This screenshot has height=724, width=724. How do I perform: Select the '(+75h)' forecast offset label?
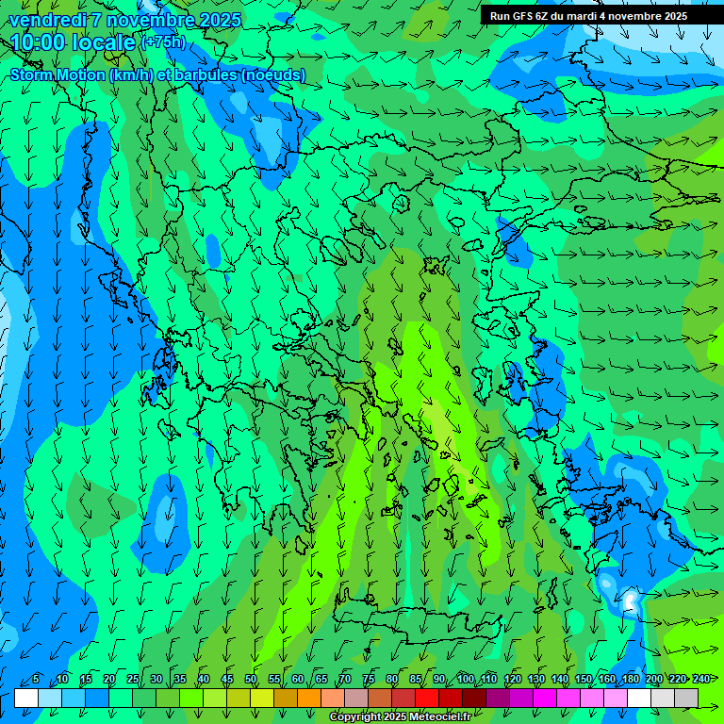coord(163,42)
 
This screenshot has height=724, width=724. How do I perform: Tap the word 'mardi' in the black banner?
coord(586,16)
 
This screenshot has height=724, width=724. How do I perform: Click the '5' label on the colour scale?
coord(36,680)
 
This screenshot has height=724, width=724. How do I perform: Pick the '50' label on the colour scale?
coord(251,680)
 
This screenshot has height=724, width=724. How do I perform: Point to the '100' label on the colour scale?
coord(466,680)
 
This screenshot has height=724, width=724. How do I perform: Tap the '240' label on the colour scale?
coord(701,680)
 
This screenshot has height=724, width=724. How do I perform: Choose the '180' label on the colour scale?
coord(631,680)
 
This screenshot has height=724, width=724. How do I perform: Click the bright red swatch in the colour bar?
coord(427,698)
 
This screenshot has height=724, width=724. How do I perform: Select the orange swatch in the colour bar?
coord(286,698)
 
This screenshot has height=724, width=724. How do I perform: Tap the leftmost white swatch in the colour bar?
coord(26,698)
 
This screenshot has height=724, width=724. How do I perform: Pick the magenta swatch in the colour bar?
coord(545,698)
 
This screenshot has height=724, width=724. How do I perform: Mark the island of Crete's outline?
coord(415,621)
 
